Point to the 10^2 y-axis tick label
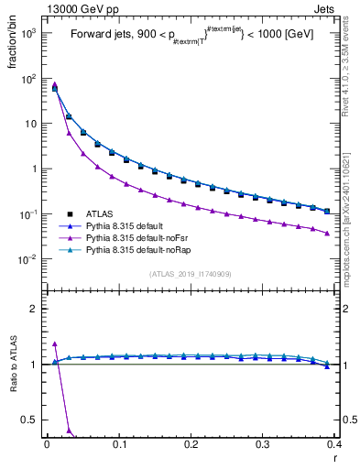pos(27,79)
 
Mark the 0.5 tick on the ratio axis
pos(30,420)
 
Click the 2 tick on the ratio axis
pos(34,309)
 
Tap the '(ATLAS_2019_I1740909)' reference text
pos(191,274)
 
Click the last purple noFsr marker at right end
pos(327,233)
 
